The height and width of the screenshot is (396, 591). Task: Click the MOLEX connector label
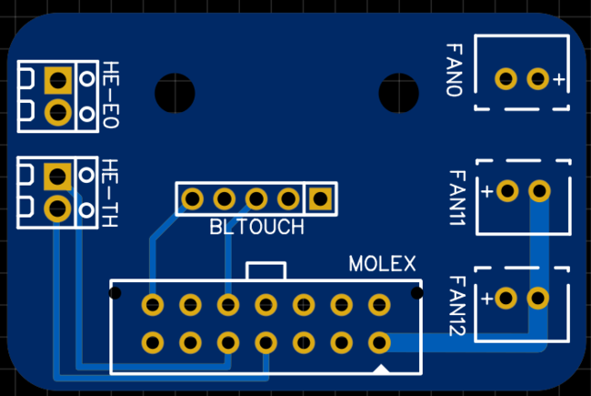(x=383, y=264)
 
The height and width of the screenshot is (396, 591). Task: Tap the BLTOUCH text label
(x=257, y=228)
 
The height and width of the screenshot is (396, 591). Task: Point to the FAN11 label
(x=456, y=198)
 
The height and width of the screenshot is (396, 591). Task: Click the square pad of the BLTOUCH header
(x=320, y=198)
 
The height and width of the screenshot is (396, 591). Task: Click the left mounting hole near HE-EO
(x=171, y=91)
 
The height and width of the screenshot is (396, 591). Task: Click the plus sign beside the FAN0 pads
(x=558, y=80)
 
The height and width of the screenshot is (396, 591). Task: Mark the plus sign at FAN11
(x=486, y=191)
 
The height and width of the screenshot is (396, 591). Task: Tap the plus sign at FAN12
(x=486, y=299)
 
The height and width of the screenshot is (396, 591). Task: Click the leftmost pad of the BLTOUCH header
(x=192, y=198)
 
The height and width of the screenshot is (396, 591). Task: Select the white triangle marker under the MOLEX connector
(x=385, y=368)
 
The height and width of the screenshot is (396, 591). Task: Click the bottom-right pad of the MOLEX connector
(x=379, y=342)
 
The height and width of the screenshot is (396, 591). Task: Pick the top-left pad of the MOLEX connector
(x=153, y=304)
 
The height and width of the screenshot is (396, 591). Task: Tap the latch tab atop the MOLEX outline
(x=265, y=270)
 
